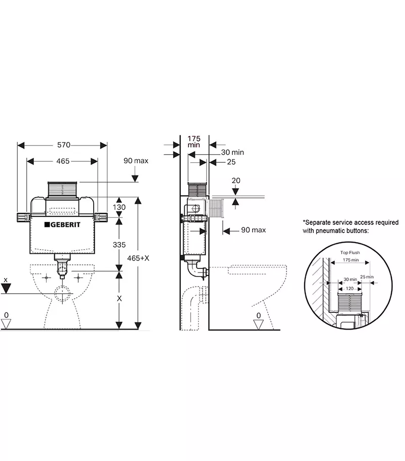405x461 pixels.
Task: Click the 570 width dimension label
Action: (63, 145)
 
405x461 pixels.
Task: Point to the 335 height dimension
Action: (119, 245)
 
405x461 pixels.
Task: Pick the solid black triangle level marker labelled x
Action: (6, 289)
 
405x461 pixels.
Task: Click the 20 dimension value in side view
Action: (235, 180)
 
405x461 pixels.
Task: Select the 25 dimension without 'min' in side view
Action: (231, 162)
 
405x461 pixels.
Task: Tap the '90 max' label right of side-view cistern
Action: (253, 231)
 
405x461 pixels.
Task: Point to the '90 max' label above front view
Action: (136, 161)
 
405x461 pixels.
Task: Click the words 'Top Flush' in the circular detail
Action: (350, 252)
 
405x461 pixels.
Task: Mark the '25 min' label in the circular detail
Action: (366, 277)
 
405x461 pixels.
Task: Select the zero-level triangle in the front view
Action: (6, 324)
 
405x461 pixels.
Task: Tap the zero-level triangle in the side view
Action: (259, 324)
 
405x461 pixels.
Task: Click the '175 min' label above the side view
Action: (194, 141)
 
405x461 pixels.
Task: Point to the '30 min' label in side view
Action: (232, 152)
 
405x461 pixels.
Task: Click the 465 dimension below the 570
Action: (62, 161)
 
